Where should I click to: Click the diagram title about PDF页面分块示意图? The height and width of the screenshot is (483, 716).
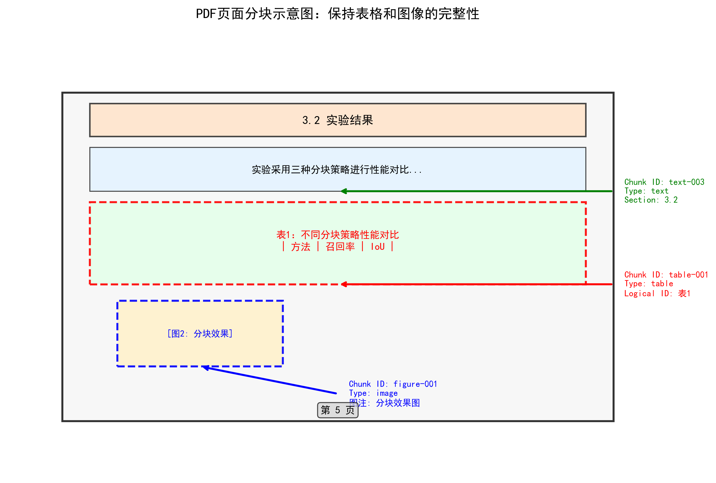337,14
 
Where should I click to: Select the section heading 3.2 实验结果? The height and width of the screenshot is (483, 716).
337,120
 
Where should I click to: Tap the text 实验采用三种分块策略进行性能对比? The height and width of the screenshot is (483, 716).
337,170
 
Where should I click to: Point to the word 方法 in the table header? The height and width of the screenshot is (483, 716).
300,247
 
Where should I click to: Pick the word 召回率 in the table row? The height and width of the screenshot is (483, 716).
340,247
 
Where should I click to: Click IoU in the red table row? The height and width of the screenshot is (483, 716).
377,247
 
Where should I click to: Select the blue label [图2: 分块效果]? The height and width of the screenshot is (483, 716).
200,334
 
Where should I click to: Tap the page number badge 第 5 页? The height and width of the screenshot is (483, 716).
337,410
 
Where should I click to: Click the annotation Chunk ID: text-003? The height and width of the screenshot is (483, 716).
664,182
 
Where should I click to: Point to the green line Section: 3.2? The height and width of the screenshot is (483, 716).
651,200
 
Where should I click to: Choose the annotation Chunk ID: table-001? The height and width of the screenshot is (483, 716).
666,275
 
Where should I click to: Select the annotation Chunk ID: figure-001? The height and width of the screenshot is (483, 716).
393,384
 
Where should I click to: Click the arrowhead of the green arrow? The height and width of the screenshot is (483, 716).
343,191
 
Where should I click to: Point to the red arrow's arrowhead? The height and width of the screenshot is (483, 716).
343,284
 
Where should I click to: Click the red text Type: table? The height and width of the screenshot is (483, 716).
648,284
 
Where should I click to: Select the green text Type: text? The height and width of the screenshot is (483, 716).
646,191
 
